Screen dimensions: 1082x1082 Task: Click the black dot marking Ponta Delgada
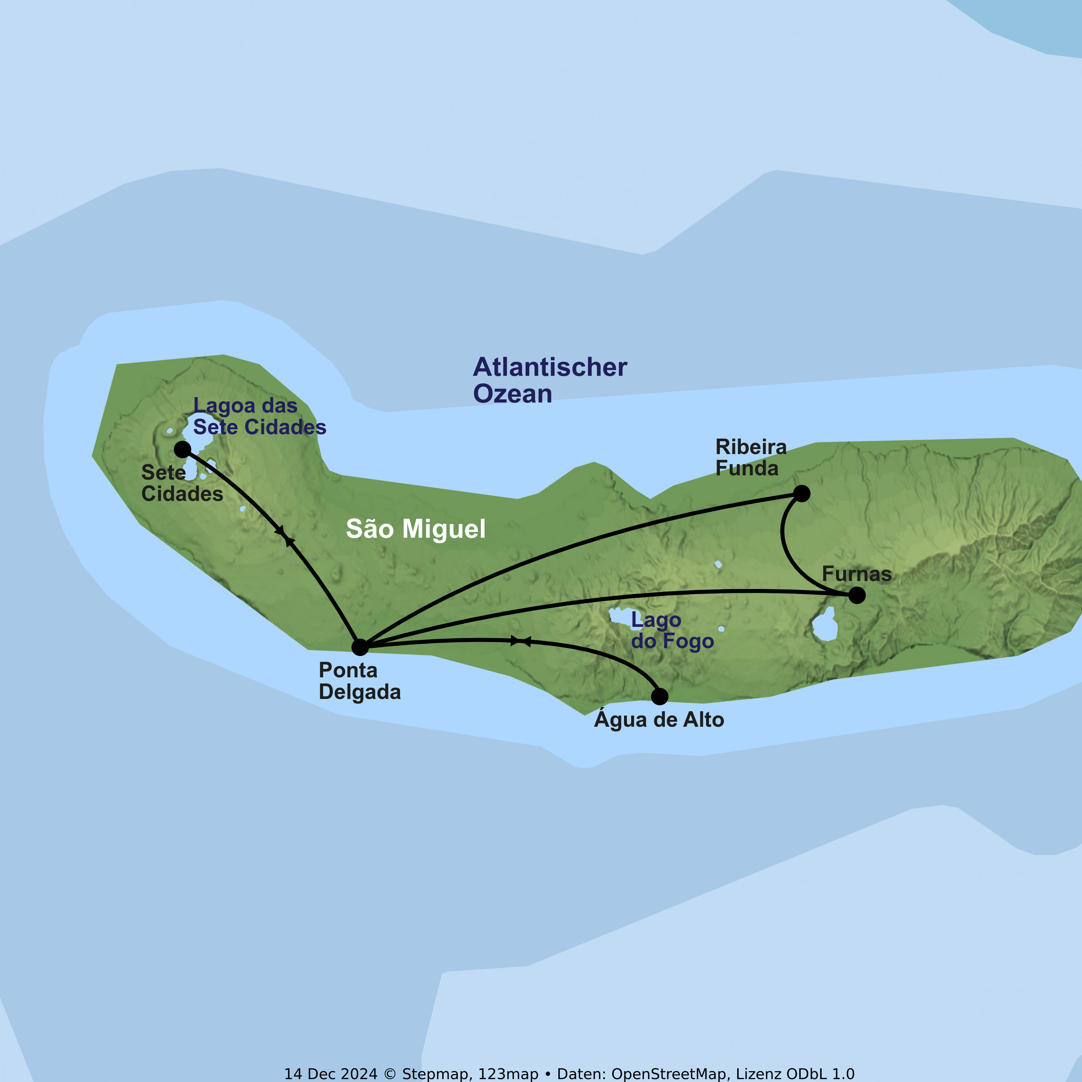click(x=360, y=647)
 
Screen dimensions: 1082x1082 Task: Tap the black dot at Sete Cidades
click(x=182, y=449)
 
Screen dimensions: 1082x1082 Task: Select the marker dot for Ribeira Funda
click(x=802, y=493)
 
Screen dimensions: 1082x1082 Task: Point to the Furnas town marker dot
click(x=857, y=595)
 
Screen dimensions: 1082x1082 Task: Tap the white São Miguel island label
click(x=415, y=529)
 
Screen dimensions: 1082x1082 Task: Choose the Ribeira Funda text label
click(x=751, y=458)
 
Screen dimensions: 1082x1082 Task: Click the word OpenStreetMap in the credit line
click(x=669, y=1074)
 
